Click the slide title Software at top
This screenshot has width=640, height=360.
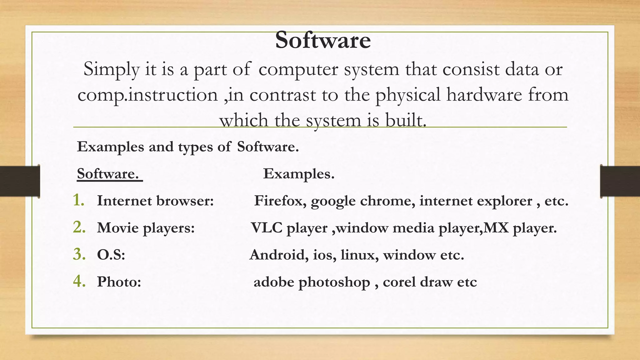(x=323, y=41)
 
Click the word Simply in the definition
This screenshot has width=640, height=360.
(x=111, y=69)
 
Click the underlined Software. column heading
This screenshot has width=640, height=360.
(x=108, y=174)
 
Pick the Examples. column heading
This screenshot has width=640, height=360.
(x=299, y=174)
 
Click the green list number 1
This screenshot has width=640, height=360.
(x=79, y=200)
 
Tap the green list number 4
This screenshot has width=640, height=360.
(x=79, y=281)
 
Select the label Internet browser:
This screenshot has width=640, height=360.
(x=155, y=201)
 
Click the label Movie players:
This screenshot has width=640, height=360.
(x=146, y=228)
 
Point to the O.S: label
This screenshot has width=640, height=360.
(x=111, y=255)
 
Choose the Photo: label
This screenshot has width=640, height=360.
(x=119, y=282)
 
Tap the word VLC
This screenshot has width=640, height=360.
(x=267, y=228)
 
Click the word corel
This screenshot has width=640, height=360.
(x=399, y=282)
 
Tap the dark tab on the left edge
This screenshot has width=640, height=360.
(x=20, y=181)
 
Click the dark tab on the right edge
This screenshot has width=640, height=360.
(x=620, y=181)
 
